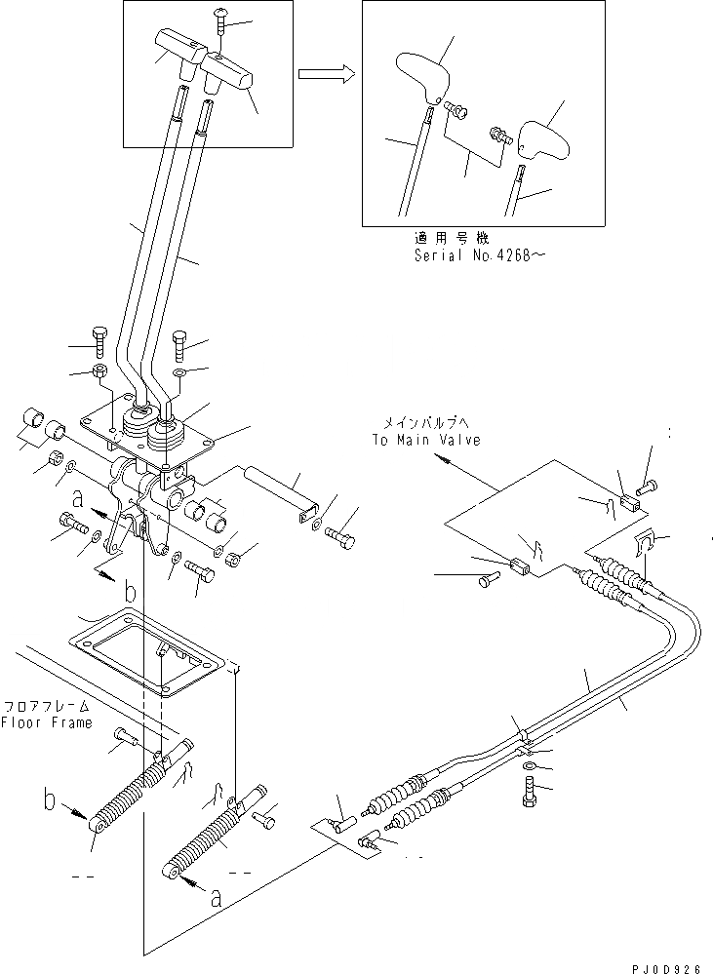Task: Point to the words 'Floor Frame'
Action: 46,722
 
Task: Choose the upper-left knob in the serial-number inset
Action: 421,76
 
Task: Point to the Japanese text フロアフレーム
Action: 46,705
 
